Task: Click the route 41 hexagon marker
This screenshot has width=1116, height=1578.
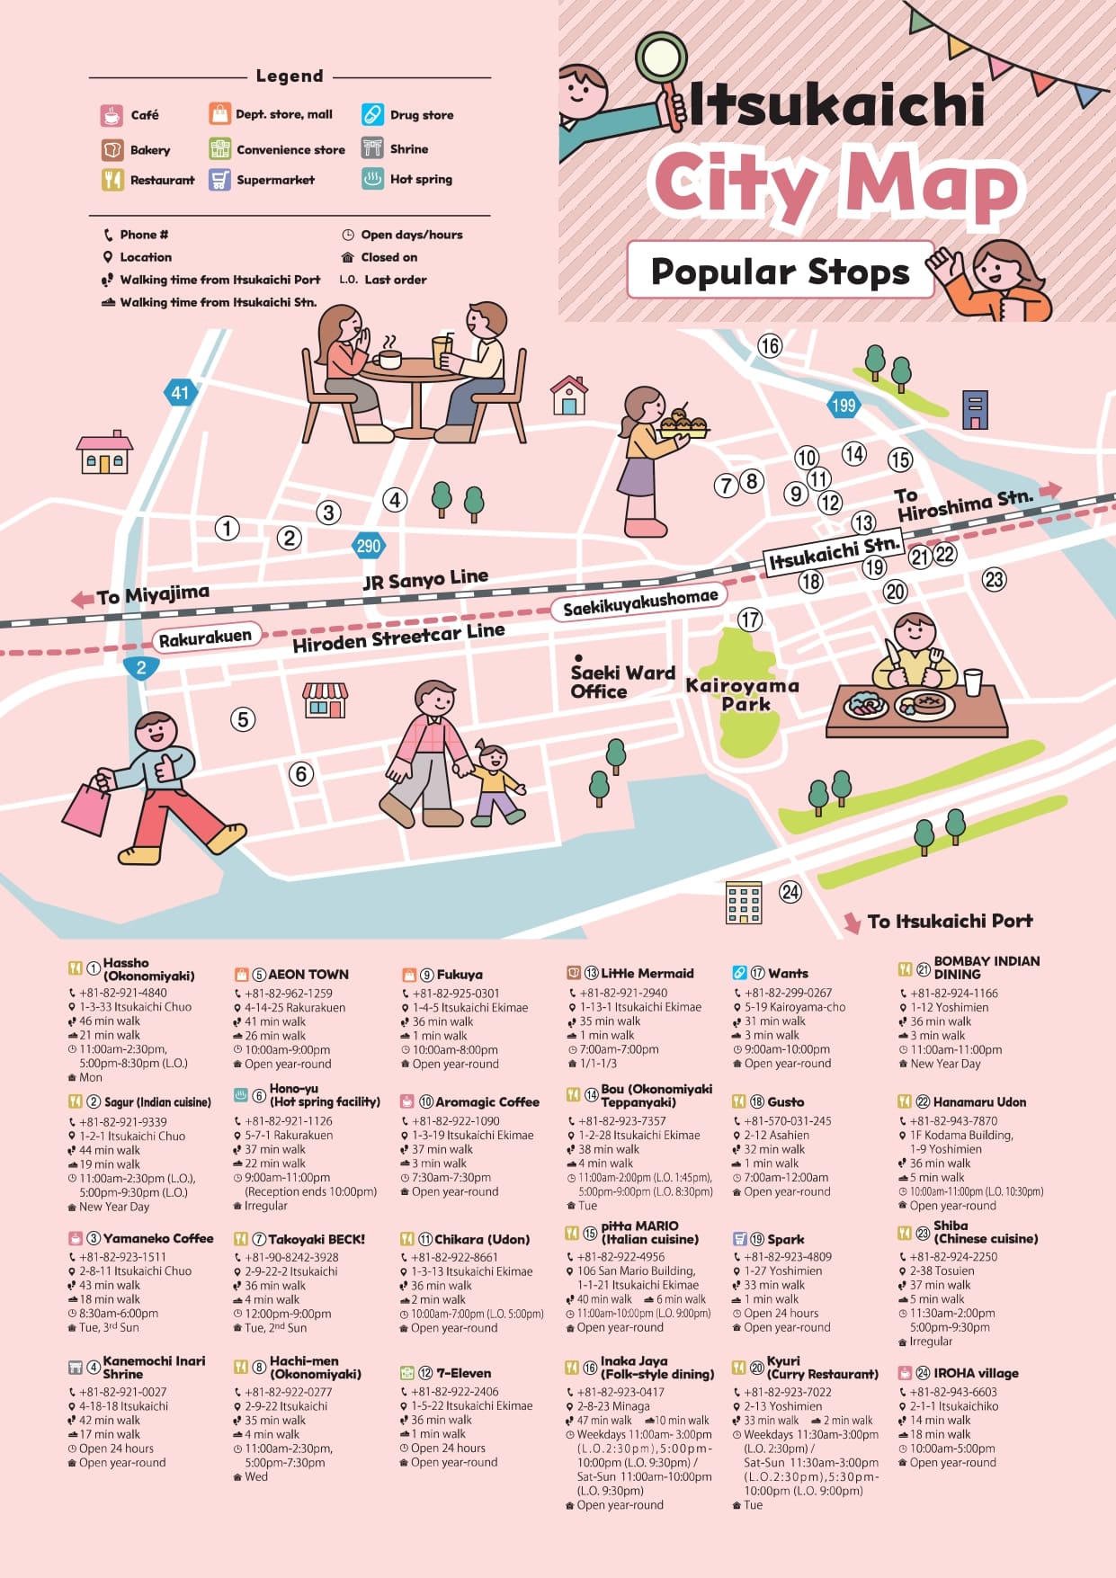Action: coord(181,392)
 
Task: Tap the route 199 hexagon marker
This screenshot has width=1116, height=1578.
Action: coord(843,405)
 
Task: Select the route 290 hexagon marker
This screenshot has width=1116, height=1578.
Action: coord(368,545)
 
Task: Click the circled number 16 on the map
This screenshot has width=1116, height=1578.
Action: coord(769,345)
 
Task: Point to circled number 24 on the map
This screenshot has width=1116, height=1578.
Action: coord(790,891)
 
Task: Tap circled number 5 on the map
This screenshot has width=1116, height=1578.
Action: coord(242,719)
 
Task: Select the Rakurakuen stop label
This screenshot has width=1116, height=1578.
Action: coord(205,637)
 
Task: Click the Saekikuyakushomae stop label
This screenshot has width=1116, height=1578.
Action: coord(640,602)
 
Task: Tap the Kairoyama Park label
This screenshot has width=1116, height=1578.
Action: coord(743,694)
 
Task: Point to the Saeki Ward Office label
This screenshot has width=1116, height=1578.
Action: coord(621,682)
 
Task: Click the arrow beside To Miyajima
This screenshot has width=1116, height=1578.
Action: coord(83,599)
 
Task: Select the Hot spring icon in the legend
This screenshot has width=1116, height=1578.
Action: coord(372,179)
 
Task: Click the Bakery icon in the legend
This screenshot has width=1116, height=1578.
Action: coord(112,149)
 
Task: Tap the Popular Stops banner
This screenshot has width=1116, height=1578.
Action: coord(780,271)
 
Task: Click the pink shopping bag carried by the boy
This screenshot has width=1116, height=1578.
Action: coord(85,807)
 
